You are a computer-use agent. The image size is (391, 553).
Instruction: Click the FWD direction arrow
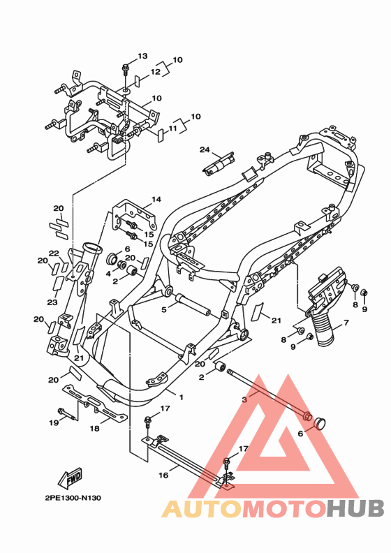click(70, 478)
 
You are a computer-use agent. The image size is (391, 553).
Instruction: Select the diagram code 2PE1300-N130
click(73, 498)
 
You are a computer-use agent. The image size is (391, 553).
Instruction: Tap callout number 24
click(205, 149)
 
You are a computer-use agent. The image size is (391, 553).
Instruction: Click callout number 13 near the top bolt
click(142, 56)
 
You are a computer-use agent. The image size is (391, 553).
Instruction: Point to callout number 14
click(156, 199)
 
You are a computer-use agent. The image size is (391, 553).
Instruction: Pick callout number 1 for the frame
click(182, 397)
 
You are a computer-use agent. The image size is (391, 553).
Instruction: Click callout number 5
click(163, 309)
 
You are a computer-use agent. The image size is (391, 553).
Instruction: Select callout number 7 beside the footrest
click(346, 323)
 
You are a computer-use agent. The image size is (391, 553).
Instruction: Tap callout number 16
click(163, 475)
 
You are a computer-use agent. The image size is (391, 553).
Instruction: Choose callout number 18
click(94, 428)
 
